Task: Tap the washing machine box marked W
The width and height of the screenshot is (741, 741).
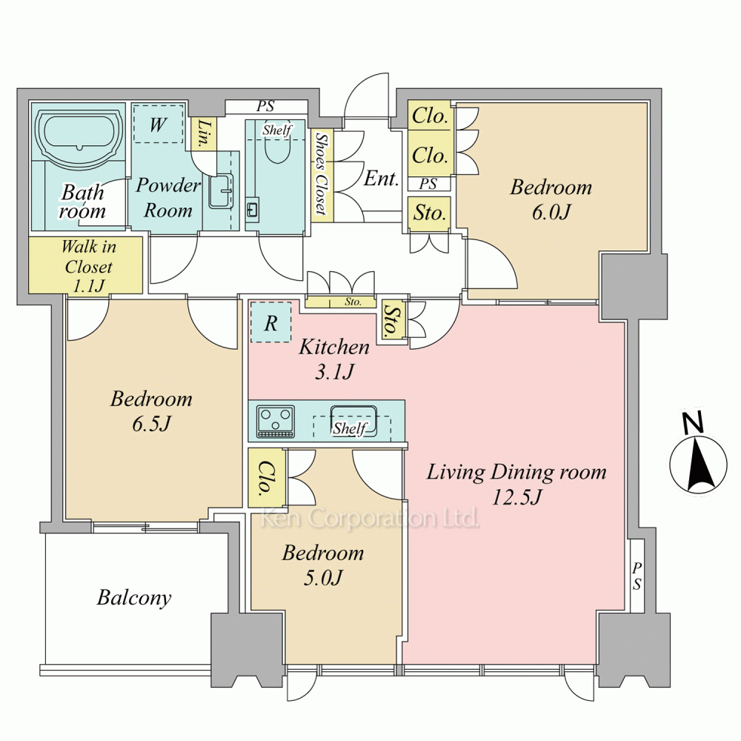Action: coord(158,124)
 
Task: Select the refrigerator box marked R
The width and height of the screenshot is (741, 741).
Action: coord(270,322)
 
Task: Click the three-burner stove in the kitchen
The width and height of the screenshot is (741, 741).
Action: coord(275,421)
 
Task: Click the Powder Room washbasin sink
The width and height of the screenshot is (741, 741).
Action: coord(221,191)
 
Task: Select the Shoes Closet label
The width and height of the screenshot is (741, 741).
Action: coord(322,174)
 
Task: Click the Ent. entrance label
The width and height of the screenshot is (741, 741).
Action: coord(382,179)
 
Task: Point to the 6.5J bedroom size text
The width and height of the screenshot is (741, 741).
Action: coord(150,424)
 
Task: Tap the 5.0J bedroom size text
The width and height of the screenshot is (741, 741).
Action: coord(323,577)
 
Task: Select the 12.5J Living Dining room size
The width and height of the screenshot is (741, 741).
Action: coord(516,496)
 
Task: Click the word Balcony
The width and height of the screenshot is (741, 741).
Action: coord(133,598)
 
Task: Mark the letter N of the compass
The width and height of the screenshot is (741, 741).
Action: coord(694,422)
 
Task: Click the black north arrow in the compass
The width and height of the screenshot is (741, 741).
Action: coord(700,465)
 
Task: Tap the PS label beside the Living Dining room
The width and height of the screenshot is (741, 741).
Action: coord(637,576)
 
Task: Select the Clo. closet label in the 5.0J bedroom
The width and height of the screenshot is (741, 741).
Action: coord(267,478)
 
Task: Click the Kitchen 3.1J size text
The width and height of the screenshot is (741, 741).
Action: coord(334,373)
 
